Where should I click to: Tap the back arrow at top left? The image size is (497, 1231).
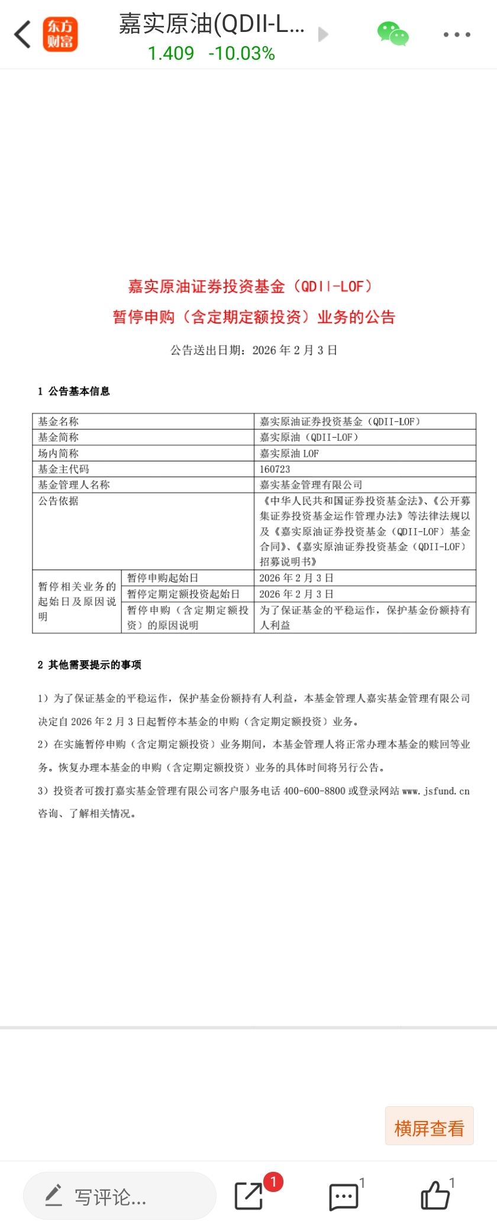pos(22,34)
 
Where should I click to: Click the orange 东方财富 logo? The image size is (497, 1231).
pos(60,34)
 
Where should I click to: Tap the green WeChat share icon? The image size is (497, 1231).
pos(393,34)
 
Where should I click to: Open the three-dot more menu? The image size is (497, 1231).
pos(457,35)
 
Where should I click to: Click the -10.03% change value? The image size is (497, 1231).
pos(241,54)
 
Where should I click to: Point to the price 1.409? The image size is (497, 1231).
pos(170,54)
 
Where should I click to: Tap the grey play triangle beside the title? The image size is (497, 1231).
pos(323,34)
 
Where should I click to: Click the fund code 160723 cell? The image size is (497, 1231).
pos(275,469)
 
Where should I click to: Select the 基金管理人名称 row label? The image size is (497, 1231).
pos(74,485)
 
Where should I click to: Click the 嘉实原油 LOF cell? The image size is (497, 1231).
pos(289,454)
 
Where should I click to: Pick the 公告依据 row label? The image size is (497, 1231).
pos(58,501)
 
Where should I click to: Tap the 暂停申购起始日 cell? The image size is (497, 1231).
pos(163,578)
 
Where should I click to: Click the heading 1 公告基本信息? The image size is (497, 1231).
pos(74,392)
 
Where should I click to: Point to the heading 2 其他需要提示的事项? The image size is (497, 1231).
pos(89,665)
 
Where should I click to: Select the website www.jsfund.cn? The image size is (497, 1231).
pos(435,791)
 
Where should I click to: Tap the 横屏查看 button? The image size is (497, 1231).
pos(429,1128)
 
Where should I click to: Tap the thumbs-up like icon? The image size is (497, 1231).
pos(435,1196)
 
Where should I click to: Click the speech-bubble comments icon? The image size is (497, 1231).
pos(343,1197)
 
